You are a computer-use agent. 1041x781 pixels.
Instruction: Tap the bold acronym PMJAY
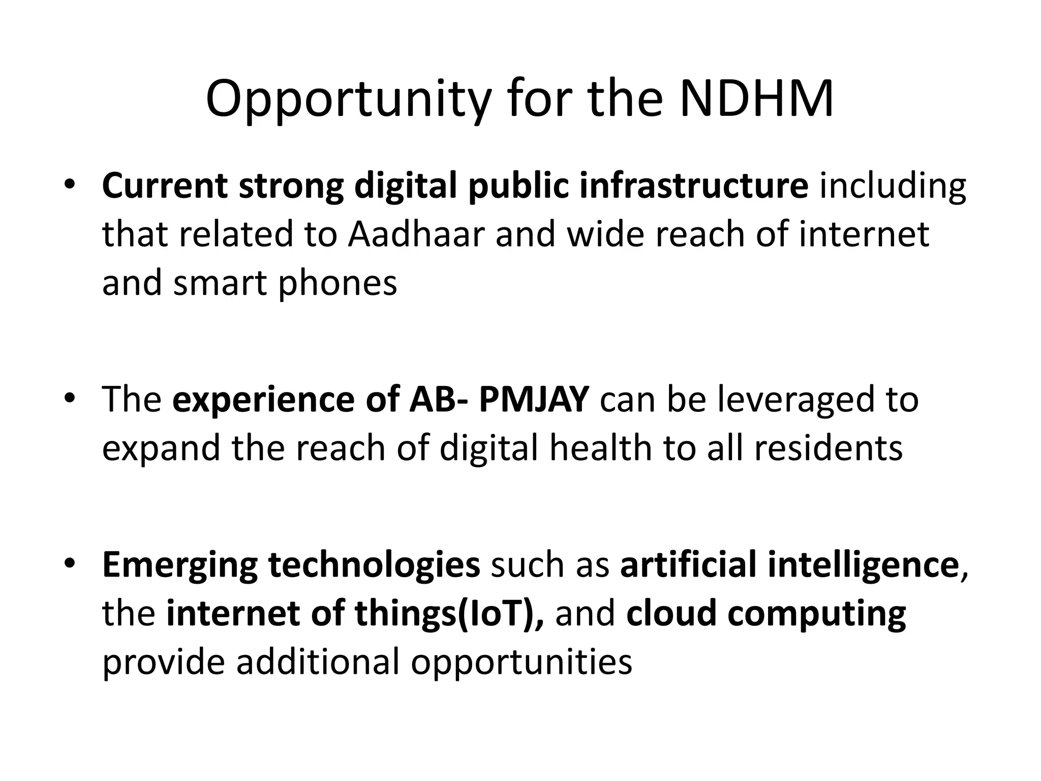click(534, 399)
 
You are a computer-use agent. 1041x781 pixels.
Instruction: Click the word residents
click(828, 448)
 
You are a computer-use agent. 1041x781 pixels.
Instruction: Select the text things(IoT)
click(449, 614)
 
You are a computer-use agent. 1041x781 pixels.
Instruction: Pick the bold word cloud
click(671, 614)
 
